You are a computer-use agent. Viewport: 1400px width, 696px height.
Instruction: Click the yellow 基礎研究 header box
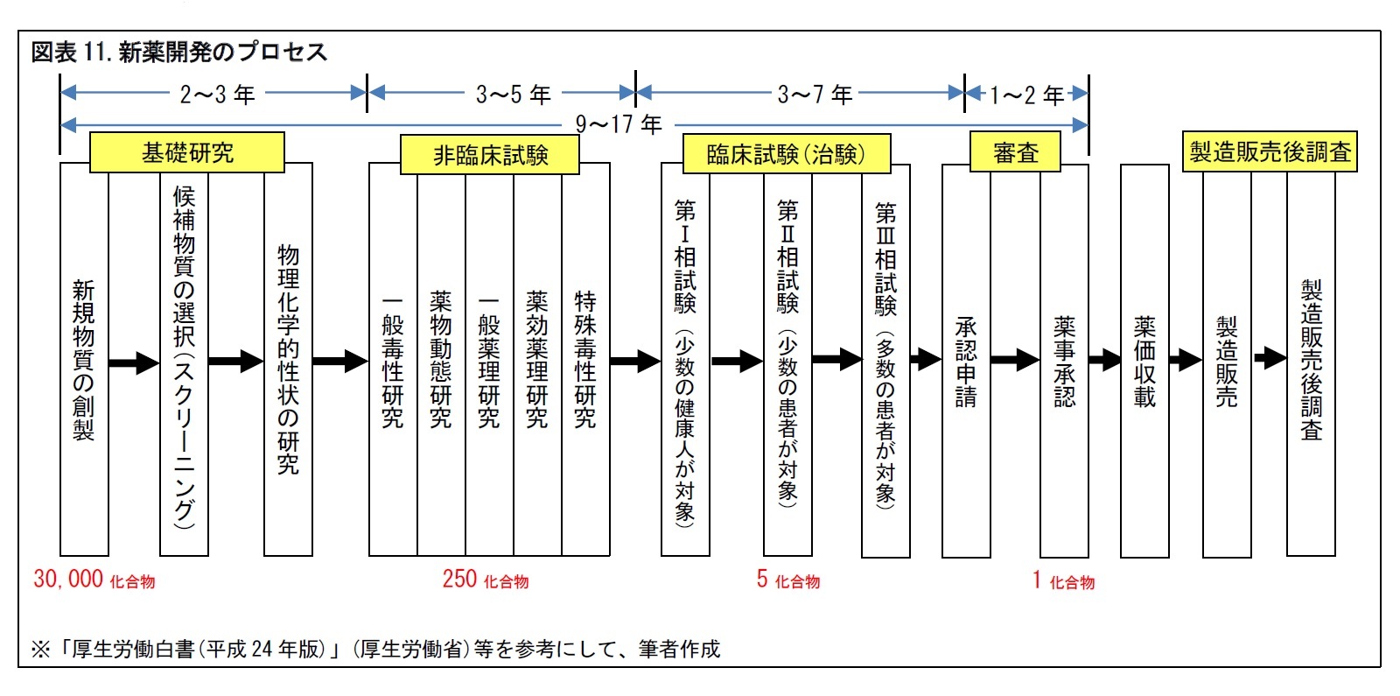(x=187, y=153)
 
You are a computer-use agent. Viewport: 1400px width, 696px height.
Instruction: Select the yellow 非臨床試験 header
(x=489, y=155)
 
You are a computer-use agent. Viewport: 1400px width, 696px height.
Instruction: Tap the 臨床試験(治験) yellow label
(x=786, y=155)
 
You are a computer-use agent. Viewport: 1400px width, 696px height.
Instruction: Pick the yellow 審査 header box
(x=1015, y=153)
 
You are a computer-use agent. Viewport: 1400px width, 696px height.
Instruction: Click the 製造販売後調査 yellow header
(x=1270, y=152)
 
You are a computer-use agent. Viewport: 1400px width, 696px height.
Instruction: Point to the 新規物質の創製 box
(x=84, y=359)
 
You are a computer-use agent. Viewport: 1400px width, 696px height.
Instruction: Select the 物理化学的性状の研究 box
(x=288, y=359)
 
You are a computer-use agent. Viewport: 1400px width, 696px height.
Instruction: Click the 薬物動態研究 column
(x=441, y=359)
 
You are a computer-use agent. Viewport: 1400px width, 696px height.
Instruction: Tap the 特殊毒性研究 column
(x=585, y=359)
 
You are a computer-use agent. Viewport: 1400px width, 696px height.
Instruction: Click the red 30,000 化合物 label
(x=94, y=580)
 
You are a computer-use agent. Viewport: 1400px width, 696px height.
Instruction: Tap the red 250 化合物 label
(x=486, y=580)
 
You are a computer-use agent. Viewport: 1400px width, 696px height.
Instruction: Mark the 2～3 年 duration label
(x=217, y=94)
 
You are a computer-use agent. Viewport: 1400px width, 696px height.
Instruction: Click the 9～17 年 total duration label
(x=619, y=124)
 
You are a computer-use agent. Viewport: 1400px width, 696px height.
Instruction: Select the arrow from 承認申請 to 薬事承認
(x=1015, y=359)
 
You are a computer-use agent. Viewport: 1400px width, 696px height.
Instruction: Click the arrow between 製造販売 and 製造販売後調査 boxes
(x=1270, y=357)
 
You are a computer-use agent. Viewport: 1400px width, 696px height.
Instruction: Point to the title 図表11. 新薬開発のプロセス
(x=179, y=53)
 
